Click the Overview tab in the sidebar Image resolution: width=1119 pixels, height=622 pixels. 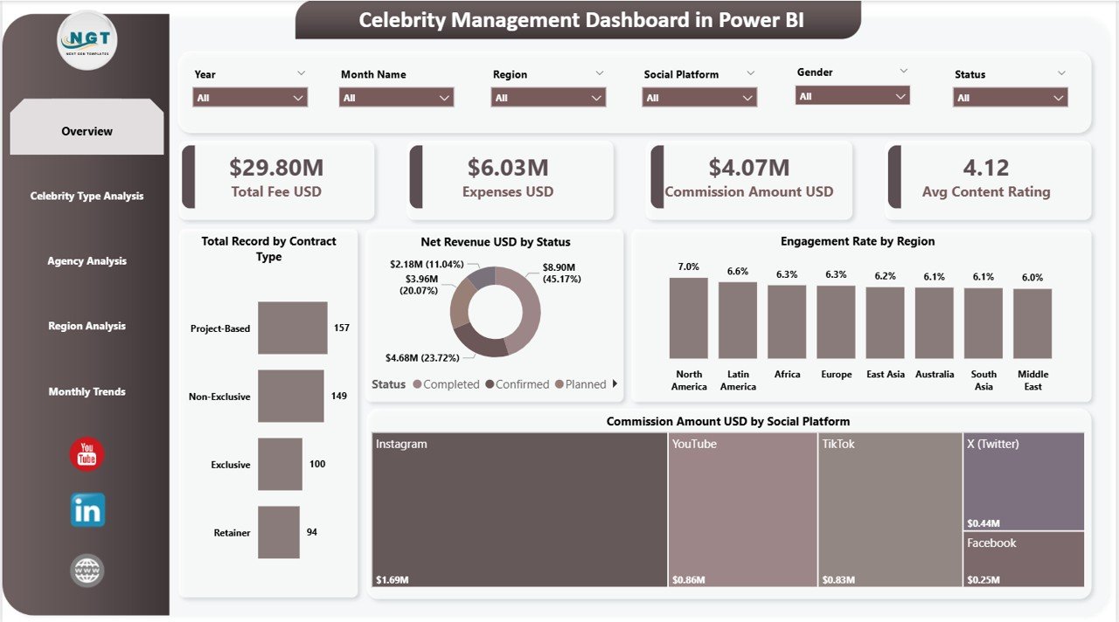87,131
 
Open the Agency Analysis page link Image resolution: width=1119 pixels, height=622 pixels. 87,261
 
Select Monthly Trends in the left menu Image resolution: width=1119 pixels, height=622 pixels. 87,391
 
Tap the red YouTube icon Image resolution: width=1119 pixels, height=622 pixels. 87,454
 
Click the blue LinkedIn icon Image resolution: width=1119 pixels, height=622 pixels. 87,510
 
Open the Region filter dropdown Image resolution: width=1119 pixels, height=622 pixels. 548,98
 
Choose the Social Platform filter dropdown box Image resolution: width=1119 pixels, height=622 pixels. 699,98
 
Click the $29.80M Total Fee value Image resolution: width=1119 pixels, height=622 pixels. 275,167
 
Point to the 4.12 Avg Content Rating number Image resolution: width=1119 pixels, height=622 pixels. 985,167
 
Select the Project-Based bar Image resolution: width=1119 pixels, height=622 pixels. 292,328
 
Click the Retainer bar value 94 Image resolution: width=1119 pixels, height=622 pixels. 312,532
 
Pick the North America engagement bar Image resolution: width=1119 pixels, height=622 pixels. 689,318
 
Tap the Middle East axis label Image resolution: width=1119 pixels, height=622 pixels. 1032,380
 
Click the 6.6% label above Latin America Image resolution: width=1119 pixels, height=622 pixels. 738,272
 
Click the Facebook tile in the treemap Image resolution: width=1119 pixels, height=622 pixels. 1023,559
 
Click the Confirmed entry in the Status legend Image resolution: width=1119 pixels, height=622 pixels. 522,384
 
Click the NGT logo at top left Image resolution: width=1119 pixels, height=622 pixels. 87,40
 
